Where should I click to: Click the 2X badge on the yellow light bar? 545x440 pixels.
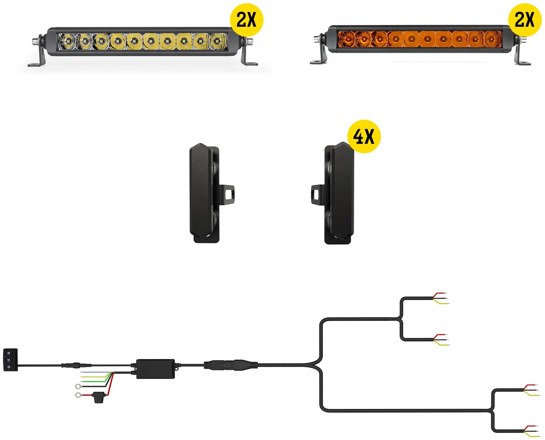coord(246,20)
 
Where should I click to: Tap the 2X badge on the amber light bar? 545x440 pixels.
coord(525,20)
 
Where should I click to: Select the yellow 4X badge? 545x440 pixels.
coord(364,136)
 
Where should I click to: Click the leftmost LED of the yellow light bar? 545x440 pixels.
coord(68,41)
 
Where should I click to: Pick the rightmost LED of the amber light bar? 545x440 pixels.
coord(491,39)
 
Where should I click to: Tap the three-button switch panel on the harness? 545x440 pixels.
coord(11,360)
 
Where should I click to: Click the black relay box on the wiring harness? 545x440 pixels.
coord(156,369)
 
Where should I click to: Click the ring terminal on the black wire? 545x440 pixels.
coord(78,386)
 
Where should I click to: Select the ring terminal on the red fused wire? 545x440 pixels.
coord(78,395)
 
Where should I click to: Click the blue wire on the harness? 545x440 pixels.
coord(96,372)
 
